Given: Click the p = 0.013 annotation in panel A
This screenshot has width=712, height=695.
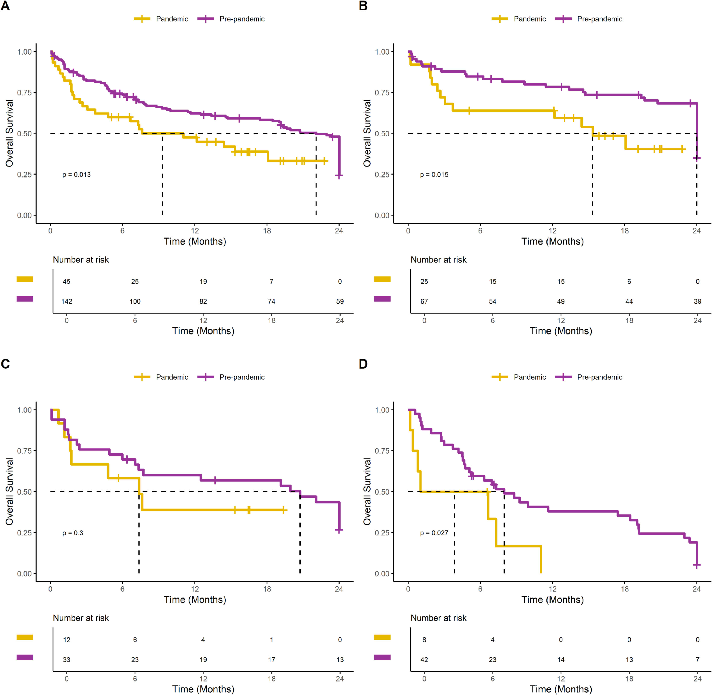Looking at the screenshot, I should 76,175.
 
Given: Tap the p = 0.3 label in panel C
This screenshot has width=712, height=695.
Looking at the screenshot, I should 73,533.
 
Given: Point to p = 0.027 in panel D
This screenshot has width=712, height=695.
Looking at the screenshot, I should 434,533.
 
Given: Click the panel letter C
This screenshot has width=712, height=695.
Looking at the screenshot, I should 6,364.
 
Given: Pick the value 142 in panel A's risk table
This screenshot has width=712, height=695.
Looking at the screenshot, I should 66,301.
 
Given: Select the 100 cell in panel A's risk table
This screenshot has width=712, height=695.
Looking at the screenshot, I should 135,301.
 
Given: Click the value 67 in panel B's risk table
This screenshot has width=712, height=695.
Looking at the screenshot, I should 424,301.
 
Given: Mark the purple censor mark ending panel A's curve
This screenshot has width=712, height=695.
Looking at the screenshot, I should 339,176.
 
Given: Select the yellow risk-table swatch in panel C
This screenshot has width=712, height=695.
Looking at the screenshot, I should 25,637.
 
